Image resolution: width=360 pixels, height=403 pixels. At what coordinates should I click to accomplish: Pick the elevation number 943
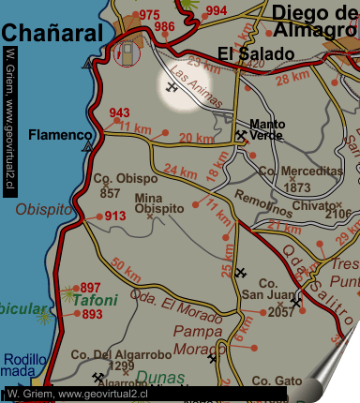[119, 113]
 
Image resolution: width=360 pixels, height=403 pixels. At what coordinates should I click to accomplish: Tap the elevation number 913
[115, 216]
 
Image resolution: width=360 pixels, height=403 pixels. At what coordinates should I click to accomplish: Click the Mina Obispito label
[159, 202]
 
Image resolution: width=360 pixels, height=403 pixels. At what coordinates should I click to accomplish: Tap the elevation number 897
[91, 287]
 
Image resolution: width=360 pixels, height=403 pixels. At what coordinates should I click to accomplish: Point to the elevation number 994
[216, 11]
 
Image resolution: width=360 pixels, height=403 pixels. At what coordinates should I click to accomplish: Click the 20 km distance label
[196, 139]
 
